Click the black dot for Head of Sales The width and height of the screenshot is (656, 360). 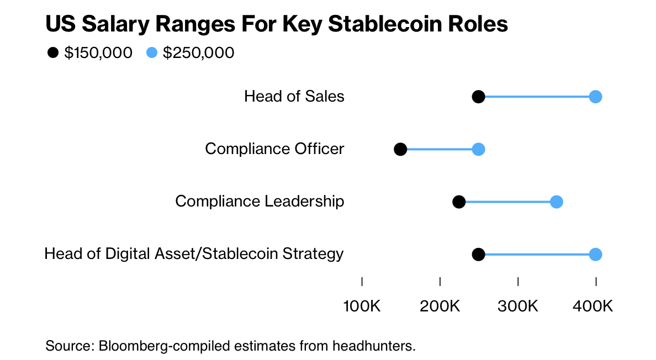point(479,97)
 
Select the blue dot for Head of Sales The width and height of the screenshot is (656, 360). point(595,97)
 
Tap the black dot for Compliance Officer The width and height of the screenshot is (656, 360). point(400,150)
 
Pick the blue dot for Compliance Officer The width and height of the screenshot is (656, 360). point(479,150)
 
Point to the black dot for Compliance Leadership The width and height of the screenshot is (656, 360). point(459,202)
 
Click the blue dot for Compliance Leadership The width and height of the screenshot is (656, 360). point(557,202)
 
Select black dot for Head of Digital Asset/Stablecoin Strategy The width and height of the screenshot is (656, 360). point(479,255)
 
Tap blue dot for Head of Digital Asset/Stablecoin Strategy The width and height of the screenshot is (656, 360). point(595,255)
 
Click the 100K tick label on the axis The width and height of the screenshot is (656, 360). point(362,306)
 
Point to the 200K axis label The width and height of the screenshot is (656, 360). point(440,306)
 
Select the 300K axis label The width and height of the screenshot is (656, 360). point(518,306)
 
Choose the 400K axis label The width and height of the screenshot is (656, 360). point(595,306)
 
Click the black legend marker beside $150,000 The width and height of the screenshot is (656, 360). point(53,53)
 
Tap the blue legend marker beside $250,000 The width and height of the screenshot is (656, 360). point(152,53)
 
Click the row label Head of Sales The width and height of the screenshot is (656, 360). point(294,97)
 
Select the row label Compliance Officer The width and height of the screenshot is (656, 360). point(274,149)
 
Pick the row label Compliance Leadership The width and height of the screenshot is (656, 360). point(260,201)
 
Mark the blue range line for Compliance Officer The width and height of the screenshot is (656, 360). point(440,150)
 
